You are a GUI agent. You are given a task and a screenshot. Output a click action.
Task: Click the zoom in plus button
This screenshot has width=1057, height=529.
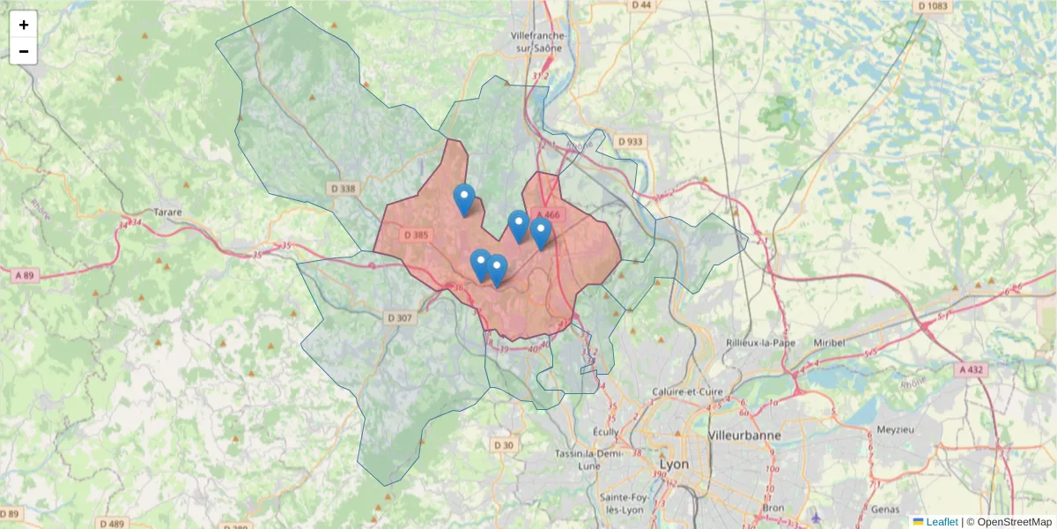click(x=24, y=25)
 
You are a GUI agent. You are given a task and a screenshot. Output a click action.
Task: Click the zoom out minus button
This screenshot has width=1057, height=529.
click(x=24, y=52)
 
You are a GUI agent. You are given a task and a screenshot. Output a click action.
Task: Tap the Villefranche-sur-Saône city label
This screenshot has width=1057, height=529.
click(x=536, y=41)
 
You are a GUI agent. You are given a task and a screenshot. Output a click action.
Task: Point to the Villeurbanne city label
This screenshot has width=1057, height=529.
click(x=745, y=435)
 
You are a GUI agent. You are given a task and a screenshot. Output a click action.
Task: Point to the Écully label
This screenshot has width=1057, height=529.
click(x=605, y=431)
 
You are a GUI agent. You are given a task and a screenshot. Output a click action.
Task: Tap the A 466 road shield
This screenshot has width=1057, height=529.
click(x=547, y=214)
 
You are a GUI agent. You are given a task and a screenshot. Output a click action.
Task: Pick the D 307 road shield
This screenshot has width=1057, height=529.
click(x=399, y=317)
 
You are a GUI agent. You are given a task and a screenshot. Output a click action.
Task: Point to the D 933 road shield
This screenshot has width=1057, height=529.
click(x=631, y=141)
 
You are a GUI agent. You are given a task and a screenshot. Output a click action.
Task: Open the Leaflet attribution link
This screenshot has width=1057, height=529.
click(x=941, y=522)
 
